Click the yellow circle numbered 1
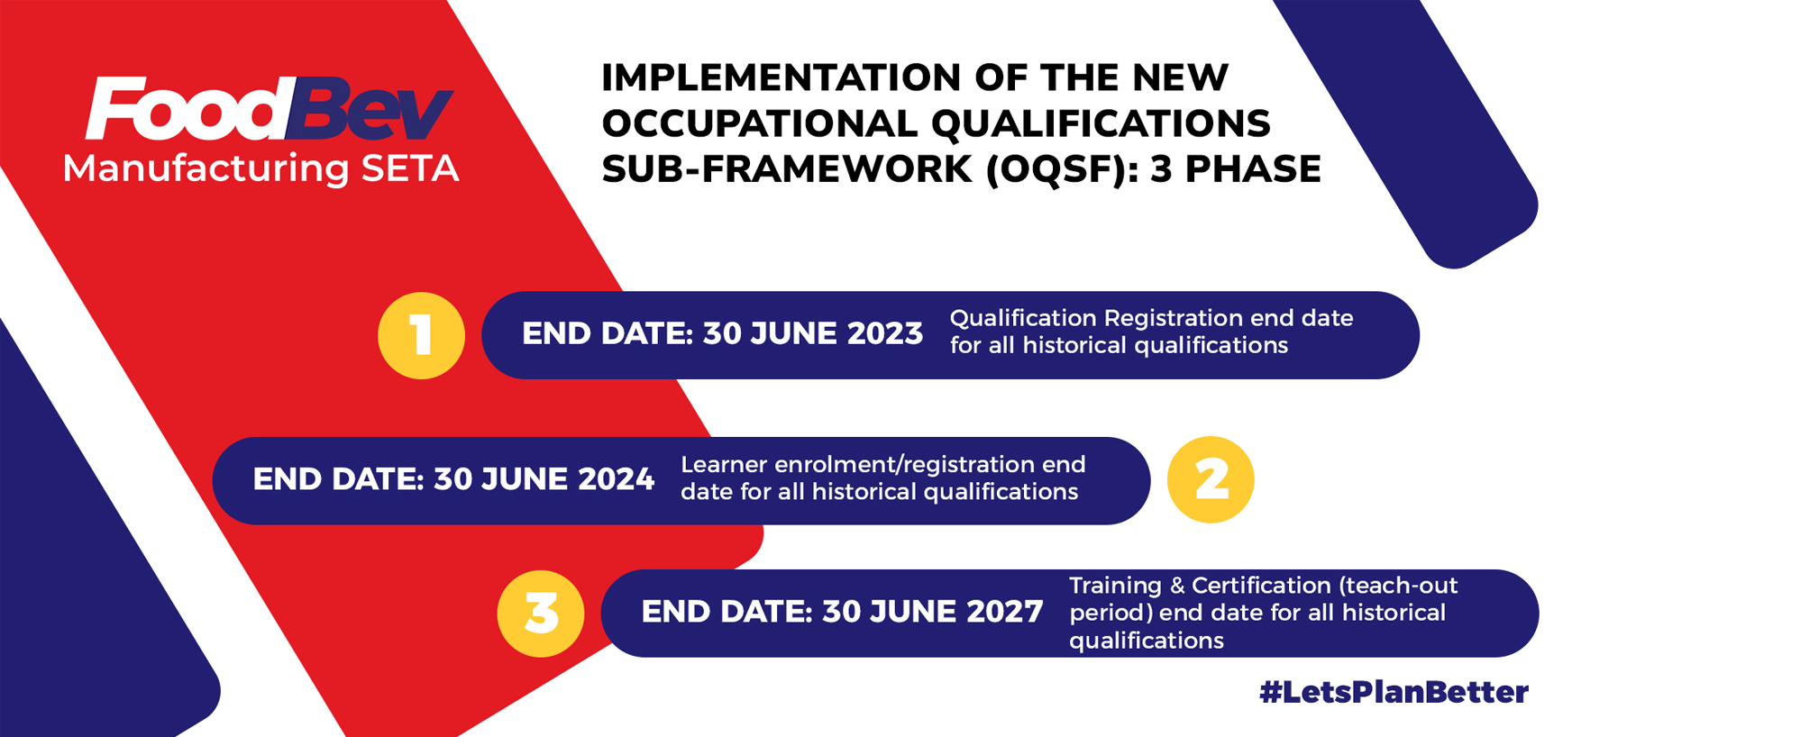coord(421,335)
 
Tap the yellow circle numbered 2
coord(1211,479)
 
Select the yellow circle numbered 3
coord(541,614)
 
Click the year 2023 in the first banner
coord(885,333)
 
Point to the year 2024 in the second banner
coord(617,479)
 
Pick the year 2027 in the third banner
coord(1005,612)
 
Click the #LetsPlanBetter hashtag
coord(1394,692)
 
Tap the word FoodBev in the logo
coord(269,108)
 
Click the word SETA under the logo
coord(410,168)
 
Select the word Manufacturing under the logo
coord(206,169)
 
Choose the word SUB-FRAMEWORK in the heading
coord(787,169)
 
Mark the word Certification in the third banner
coord(1261,586)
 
